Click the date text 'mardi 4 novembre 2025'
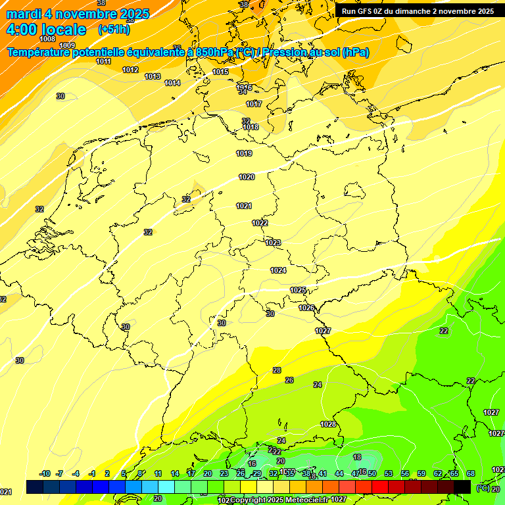click(x=78, y=14)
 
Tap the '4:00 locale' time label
click(x=46, y=30)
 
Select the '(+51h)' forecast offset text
click(x=114, y=30)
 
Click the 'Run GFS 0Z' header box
click(x=418, y=11)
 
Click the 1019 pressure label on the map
click(x=244, y=153)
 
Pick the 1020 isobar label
click(x=247, y=177)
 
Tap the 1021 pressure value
click(x=244, y=206)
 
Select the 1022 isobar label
click(x=260, y=223)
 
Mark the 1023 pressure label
click(x=273, y=243)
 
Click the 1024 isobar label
click(x=278, y=270)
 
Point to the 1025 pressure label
click(x=298, y=290)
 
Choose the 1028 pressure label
click(x=328, y=424)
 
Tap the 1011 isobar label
click(x=103, y=61)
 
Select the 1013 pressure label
click(x=153, y=77)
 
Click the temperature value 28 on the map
click(x=277, y=370)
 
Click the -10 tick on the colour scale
click(x=45, y=473)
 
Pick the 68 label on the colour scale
click(x=471, y=473)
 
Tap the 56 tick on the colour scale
click(x=404, y=473)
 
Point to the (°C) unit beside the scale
click(x=482, y=488)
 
